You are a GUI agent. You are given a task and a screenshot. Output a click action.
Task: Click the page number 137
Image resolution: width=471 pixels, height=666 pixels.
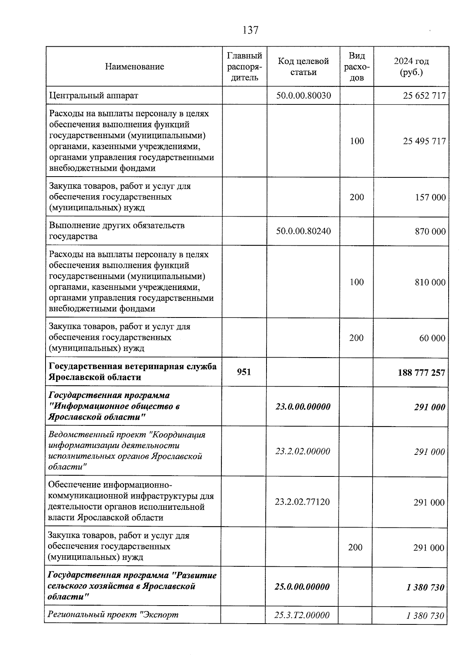[250, 30]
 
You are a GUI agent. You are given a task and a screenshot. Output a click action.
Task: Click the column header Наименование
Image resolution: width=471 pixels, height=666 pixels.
[134, 67]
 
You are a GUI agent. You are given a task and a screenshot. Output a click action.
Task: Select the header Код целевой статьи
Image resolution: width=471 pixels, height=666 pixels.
[303, 67]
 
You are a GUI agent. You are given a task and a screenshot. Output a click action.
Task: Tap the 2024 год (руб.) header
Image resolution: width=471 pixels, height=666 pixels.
[411, 67]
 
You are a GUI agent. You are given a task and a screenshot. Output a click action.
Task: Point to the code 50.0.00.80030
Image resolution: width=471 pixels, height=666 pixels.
[303, 95]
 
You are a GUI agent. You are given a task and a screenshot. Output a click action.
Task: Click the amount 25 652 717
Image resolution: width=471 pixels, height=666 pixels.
[424, 96]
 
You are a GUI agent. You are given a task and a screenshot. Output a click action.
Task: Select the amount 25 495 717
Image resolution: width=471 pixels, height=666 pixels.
[424, 141]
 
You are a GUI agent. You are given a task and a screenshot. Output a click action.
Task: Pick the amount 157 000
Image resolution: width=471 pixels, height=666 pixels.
[430, 197]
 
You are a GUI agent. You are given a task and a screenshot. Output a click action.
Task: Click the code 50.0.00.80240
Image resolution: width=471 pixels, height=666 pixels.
[303, 231]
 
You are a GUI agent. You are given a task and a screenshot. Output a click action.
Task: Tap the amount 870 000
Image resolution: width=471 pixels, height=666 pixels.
[430, 232]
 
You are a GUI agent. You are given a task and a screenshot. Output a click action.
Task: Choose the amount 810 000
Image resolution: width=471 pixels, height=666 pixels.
[430, 282]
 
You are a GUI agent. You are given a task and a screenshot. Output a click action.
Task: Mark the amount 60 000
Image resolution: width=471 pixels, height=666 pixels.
[432, 338]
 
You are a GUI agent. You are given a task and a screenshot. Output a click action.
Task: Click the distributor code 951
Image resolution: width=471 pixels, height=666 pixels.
[244, 372]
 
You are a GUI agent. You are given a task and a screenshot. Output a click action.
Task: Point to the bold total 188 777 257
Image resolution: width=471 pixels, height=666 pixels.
[422, 372]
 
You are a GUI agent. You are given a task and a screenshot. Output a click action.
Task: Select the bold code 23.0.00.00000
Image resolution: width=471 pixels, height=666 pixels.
[303, 407]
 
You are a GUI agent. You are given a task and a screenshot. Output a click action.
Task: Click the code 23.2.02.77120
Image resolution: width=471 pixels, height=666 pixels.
[302, 502]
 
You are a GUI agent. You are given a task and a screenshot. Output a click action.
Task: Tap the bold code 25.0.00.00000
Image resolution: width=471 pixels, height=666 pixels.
[302, 587]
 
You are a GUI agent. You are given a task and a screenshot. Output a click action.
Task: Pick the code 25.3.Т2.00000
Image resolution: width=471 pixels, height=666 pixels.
[302, 615]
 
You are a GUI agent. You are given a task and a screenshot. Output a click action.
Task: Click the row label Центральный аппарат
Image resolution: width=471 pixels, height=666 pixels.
[93, 95]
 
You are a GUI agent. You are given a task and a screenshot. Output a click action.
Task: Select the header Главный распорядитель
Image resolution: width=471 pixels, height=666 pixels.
[244, 67]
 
